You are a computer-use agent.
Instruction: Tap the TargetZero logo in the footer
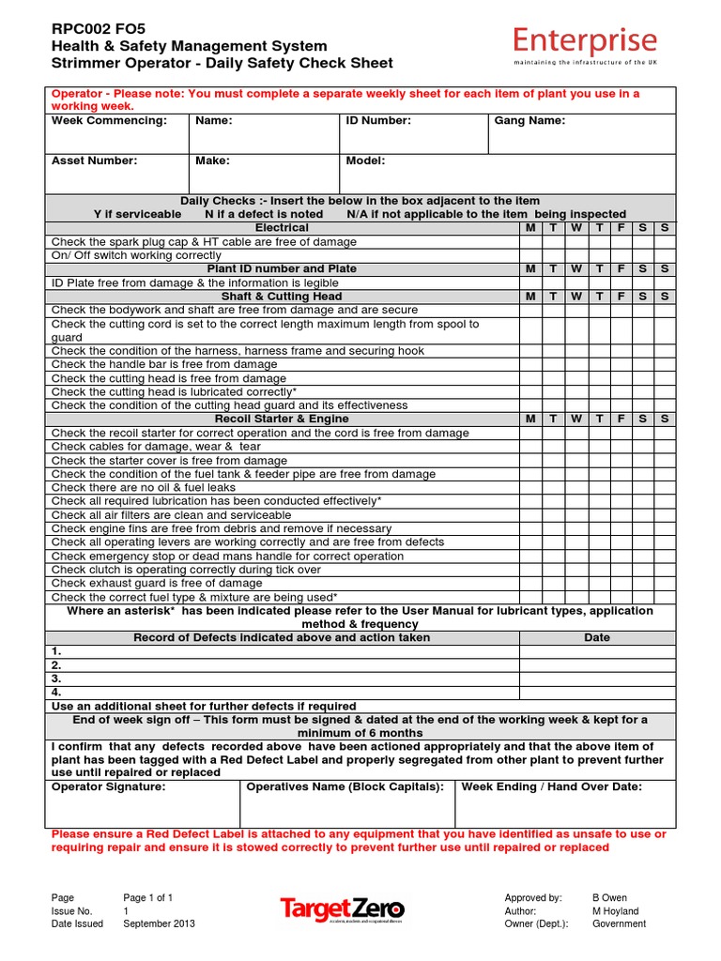(x=342, y=908)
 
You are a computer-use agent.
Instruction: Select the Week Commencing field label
(x=109, y=121)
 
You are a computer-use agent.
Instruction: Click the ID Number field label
(x=378, y=121)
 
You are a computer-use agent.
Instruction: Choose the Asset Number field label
(x=94, y=160)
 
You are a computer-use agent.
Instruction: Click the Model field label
(x=365, y=160)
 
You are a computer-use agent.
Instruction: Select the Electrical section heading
(x=282, y=228)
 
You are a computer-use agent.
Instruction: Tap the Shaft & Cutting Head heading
(x=282, y=297)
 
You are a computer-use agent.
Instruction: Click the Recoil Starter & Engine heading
(x=282, y=419)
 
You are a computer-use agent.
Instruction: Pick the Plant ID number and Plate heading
(x=282, y=268)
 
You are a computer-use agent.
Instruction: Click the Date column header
(x=596, y=637)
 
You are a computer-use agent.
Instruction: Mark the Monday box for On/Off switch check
(x=530, y=255)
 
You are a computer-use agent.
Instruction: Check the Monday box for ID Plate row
(x=530, y=282)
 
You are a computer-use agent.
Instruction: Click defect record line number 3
(x=57, y=678)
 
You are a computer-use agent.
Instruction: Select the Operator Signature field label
(x=108, y=786)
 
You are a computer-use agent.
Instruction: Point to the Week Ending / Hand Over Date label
(x=552, y=786)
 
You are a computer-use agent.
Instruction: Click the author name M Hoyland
(x=615, y=910)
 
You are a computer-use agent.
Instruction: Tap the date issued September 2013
(x=160, y=923)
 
